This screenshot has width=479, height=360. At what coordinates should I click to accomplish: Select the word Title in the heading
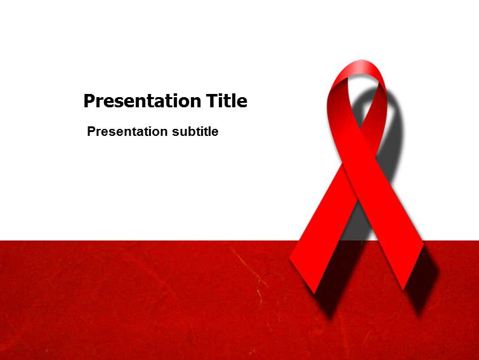click(x=226, y=100)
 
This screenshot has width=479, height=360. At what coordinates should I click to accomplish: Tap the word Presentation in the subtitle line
click(x=127, y=132)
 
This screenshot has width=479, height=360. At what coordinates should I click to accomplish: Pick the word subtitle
click(x=195, y=132)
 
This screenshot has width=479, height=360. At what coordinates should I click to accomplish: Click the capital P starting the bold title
click(x=89, y=101)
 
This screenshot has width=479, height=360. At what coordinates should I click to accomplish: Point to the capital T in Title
click(x=212, y=100)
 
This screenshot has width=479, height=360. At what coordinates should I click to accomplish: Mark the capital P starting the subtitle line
click(x=91, y=132)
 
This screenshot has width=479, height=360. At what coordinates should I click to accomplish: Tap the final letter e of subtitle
click(x=215, y=133)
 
